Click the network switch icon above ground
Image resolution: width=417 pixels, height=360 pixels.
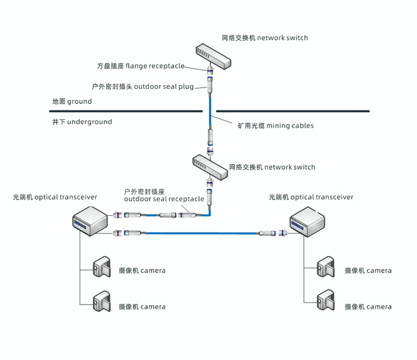[214, 55]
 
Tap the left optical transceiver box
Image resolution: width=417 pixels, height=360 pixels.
[89, 221]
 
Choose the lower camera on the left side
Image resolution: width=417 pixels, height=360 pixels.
[102, 303]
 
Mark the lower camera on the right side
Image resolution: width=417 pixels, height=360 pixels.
[327, 303]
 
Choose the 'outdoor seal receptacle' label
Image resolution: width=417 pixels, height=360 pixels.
[164, 195]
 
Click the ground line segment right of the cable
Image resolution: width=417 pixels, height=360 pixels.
[292, 111]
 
